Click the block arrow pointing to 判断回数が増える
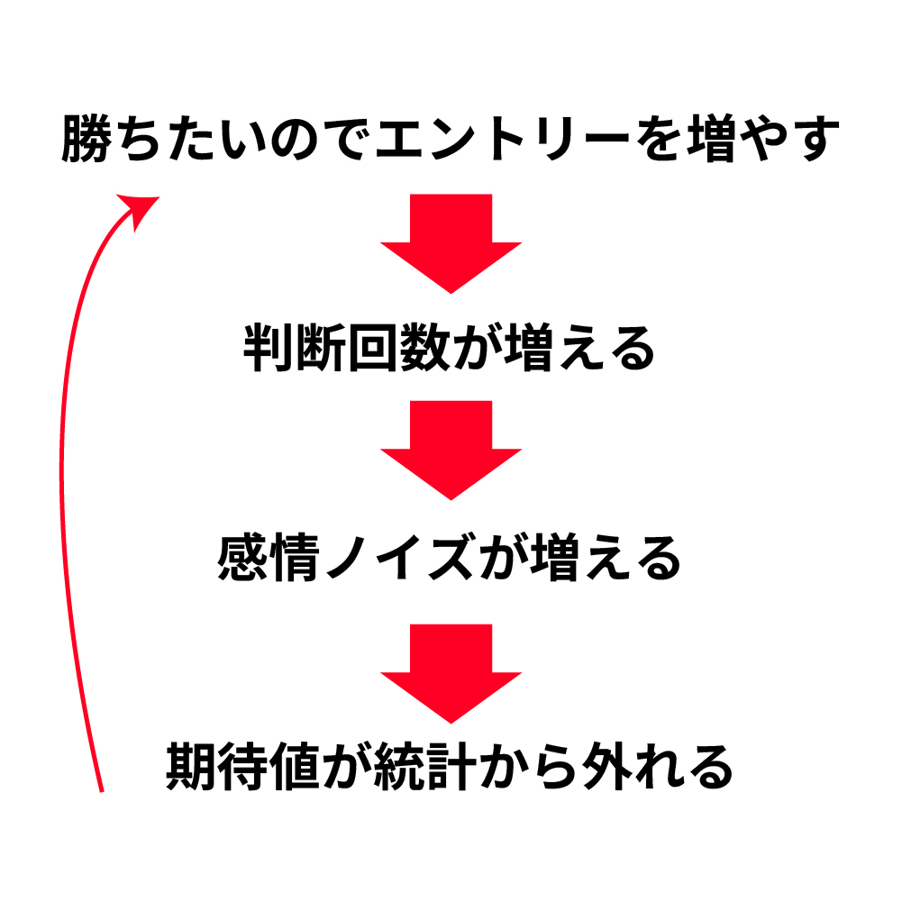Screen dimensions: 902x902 point(451,243)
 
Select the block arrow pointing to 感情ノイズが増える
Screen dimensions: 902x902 point(451,451)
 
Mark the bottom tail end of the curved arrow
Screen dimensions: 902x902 point(100,788)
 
